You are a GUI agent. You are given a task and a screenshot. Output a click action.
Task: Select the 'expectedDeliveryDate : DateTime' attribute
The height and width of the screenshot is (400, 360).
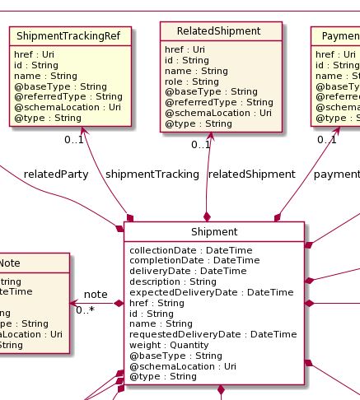coord(211,291)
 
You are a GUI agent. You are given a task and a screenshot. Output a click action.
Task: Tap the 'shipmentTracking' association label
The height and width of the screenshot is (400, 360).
coord(141,174)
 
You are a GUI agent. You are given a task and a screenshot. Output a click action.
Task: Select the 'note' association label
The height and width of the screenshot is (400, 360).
coord(96,294)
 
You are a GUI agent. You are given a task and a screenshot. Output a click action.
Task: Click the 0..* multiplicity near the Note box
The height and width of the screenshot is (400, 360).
coord(85,310)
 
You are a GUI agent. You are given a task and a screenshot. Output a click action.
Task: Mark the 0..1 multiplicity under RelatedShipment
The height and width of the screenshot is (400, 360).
coord(201,145)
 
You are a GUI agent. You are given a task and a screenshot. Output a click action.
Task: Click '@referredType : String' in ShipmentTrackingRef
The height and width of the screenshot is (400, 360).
coord(68,96)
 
